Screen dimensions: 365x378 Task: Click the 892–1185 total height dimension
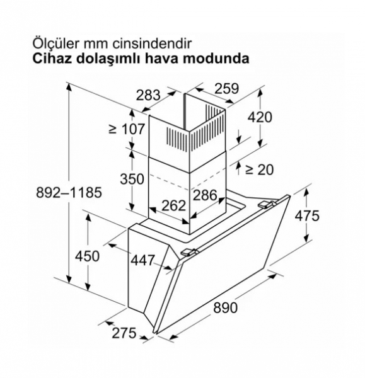click(69, 193)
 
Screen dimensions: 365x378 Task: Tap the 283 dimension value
click(148, 95)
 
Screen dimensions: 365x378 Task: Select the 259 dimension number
click(227, 88)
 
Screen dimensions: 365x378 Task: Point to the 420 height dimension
click(260, 117)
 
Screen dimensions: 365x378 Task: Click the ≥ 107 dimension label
click(127, 129)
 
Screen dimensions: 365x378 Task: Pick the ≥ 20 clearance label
click(259, 169)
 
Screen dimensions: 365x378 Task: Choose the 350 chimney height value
click(132, 179)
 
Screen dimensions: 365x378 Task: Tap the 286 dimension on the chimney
click(205, 195)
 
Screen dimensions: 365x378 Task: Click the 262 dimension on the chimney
click(174, 205)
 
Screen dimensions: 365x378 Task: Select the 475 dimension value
click(307, 215)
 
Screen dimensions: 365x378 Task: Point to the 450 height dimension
click(87, 256)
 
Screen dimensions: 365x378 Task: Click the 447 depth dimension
click(142, 260)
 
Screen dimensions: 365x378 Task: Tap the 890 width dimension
click(225, 307)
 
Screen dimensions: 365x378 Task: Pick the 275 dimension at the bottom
click(124, 333)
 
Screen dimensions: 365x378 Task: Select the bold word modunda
click(216, 59)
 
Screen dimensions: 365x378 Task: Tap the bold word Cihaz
click(52, 59)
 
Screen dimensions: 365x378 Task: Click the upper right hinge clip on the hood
click(267, 204)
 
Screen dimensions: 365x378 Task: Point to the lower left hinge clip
click(189, 252)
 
